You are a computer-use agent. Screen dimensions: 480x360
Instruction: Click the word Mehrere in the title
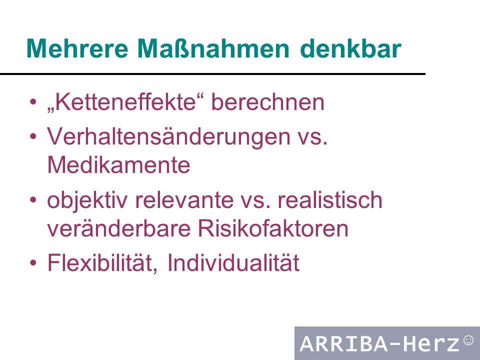click(x=77, y=48)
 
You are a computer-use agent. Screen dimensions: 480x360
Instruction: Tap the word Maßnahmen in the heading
click(x=213, y=48)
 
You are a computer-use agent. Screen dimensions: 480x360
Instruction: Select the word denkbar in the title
click(x=351, y=48)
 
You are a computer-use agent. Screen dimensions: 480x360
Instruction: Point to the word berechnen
click(x=268, y=102)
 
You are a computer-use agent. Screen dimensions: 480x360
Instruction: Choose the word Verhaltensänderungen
click(x=168, y=137)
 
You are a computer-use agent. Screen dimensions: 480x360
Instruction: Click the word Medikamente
click(x=119, y=164)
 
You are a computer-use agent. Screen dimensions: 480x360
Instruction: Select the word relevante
click(x=184, y=200)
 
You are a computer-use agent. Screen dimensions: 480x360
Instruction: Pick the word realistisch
click(x=330, y=199)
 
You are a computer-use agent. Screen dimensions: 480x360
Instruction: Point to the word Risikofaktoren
click(x=273, y=228)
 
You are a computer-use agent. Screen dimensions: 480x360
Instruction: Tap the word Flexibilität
click(x=102, y=262)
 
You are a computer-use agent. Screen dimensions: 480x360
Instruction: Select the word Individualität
click(x=233, y=262)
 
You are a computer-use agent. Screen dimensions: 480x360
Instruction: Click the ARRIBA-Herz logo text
click(x=380, y=343)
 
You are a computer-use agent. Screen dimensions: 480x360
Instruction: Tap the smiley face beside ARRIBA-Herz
click(x=468, y=340)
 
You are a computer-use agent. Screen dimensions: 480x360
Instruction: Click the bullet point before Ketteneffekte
click(x=33, y=101)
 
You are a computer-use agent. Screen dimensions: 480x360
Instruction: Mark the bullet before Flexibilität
click(x=33, y=262)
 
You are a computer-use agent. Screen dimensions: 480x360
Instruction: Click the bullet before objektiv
click(x=33, y=200)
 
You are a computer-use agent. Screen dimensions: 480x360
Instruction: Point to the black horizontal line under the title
click(x=213, y=74)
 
